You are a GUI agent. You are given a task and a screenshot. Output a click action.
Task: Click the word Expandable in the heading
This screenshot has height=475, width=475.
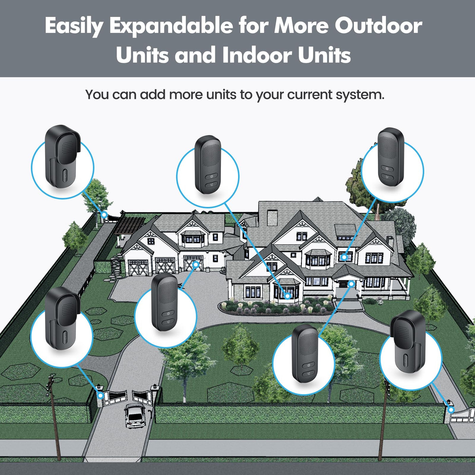[x=171, y=26]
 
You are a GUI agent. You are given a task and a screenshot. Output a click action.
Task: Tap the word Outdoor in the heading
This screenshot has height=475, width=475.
[x=379, y=25]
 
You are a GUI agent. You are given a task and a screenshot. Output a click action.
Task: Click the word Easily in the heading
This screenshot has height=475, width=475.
[x=74, y=26]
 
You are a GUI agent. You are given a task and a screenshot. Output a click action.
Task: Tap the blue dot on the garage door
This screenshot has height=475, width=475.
[x=196, y=264]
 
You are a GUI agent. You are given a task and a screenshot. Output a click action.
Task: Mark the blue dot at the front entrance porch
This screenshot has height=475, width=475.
[x=351, y=284]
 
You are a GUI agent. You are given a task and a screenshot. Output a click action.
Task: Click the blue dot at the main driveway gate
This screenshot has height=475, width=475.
[x=100, y=396]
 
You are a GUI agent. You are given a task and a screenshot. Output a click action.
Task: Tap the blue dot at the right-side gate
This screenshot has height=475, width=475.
[x=451, y=410]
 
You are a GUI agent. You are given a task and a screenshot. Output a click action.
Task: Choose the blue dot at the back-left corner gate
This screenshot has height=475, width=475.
[x=104, y=215]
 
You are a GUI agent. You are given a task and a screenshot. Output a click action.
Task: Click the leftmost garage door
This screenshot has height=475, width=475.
[x=138, y=268]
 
